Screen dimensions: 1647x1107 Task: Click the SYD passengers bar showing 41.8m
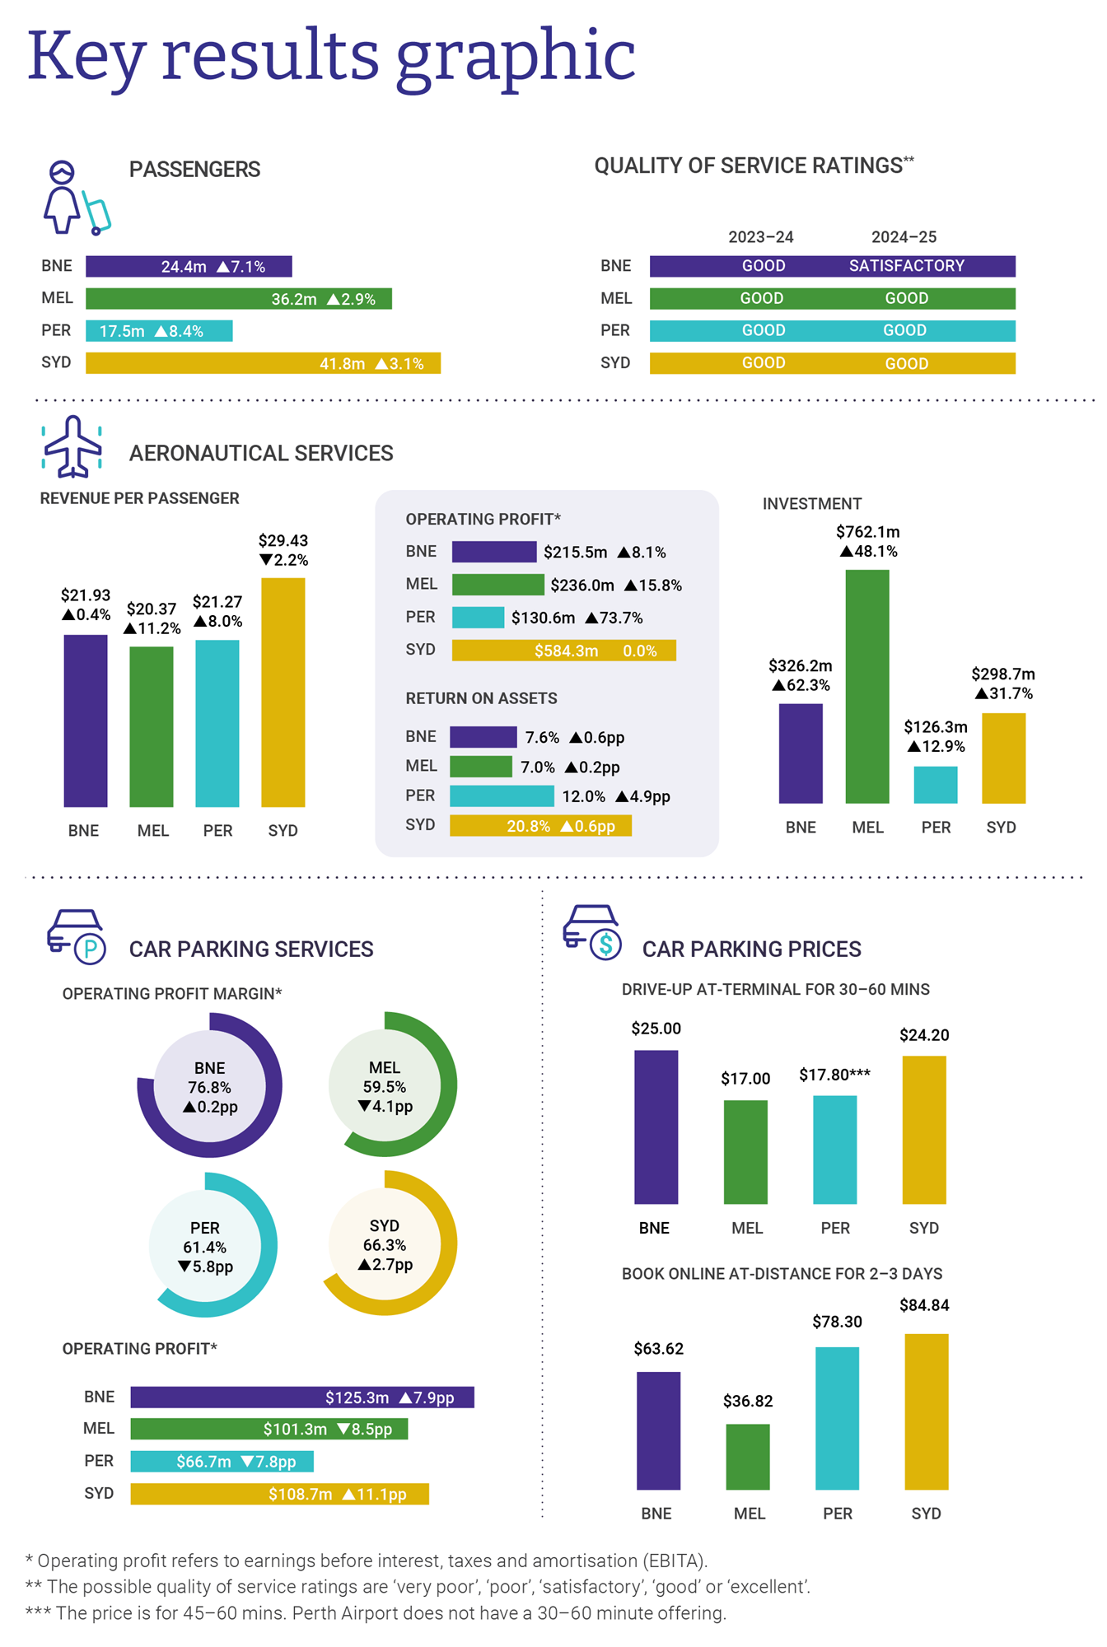click(263, 363)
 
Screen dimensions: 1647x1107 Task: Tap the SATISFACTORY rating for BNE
click(906, 266)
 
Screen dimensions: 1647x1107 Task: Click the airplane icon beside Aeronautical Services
click(72, 447)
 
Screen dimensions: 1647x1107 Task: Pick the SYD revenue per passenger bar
click(283, 692)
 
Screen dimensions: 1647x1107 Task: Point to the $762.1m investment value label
click(867, 532)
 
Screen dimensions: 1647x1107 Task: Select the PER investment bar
click(935, 784)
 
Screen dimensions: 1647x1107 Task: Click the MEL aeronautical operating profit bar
click(497, 585)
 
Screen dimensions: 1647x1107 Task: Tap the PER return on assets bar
click(502, 796)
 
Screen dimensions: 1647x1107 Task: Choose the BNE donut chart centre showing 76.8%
click(209, 1086)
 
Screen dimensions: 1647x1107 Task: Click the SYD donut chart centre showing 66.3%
click(385, 1244)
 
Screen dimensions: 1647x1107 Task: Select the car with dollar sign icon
click(591, 932)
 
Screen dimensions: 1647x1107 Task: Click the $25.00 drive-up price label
click(656, 1029)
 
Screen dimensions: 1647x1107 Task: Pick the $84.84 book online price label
click(924, 1305)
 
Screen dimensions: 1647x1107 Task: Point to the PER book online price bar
click(837, 1418)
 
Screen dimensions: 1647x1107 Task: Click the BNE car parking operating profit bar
click(301, 1397)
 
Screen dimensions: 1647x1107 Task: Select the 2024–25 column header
click(904, 237)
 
